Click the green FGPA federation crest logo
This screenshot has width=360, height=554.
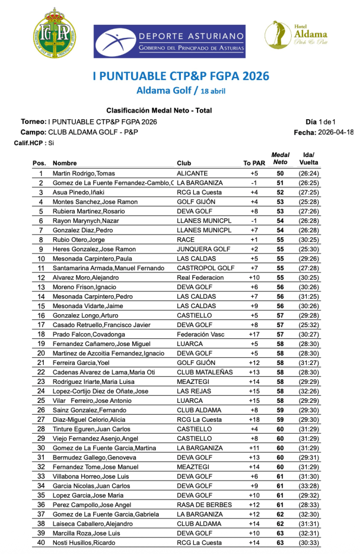tap(55, 33)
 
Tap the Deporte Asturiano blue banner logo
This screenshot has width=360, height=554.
tap(169, 41)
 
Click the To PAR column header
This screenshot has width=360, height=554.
tap(254, 163)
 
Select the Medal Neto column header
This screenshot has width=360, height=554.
tap(280, 159)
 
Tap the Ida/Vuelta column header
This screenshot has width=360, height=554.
tap(309, 159)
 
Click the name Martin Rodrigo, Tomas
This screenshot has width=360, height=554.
tap(83, 173)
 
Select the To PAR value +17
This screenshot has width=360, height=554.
tap(254, 335)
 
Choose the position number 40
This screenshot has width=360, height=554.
tap(41, 543)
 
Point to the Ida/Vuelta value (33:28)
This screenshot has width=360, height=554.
tap(309, 486)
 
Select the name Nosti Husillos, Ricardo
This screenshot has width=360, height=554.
tap(84, 543)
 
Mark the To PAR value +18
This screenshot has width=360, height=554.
tap(254, 420)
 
